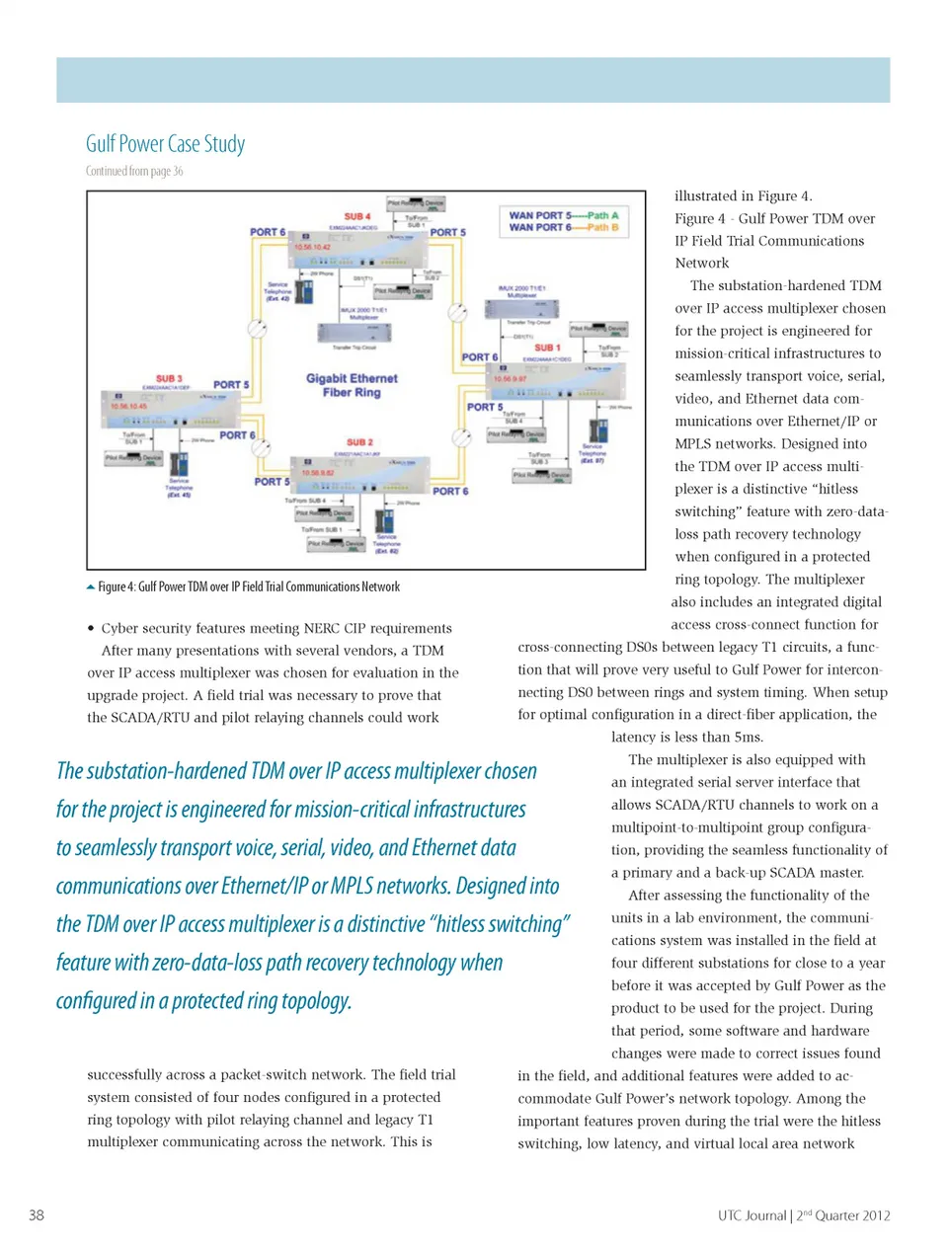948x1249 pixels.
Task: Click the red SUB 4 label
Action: tap(356, 216)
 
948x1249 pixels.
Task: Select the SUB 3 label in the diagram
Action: tap(169, 379)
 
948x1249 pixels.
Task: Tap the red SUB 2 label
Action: tap(359, 442)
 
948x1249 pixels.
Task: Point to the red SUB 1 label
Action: tap(547, 348)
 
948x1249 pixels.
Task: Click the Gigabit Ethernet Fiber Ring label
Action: tap(352, 385)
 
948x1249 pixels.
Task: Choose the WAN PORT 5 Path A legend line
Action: tap(563, 215)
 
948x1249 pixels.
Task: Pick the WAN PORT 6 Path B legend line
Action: tap(563, 228)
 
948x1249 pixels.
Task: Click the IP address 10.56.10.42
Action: tap(312, 248)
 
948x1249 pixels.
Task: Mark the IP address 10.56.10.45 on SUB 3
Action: tap(128, 406)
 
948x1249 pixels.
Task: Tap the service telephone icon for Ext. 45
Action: tap(179, 464)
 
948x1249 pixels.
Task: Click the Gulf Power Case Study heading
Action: tap(165, 144)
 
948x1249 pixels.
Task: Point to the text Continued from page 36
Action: tap(134, 171)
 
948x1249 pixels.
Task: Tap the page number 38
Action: tap(37, 1215)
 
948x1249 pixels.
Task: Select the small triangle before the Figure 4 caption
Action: tap(91, 587)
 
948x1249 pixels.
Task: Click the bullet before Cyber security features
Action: tap(91, 628)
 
